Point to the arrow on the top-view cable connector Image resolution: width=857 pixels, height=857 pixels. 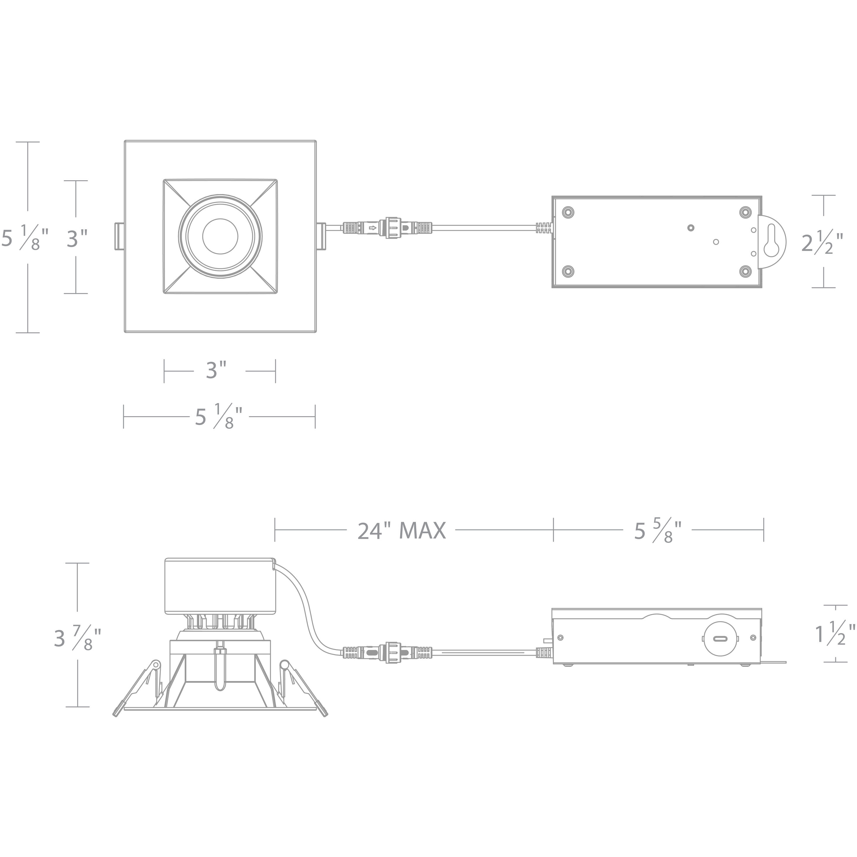point(373,228)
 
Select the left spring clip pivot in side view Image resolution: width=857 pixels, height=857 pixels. point(155,665)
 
